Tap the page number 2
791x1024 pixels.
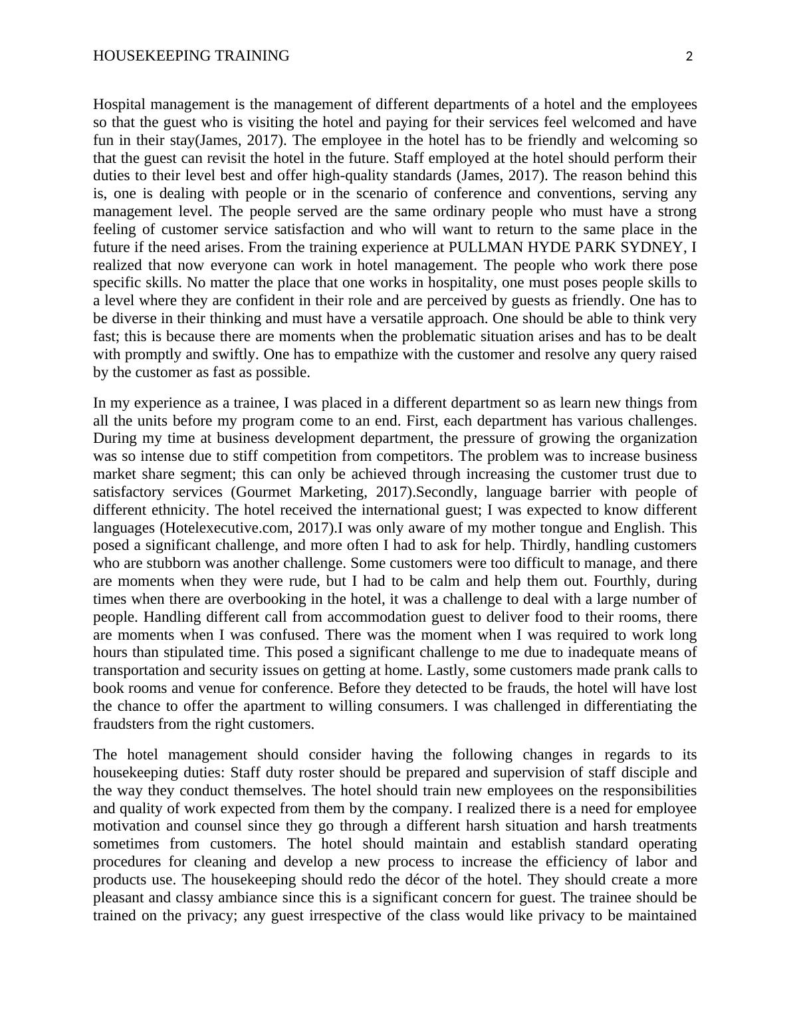coord(689,57)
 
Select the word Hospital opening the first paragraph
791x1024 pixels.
coord(118,104)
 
